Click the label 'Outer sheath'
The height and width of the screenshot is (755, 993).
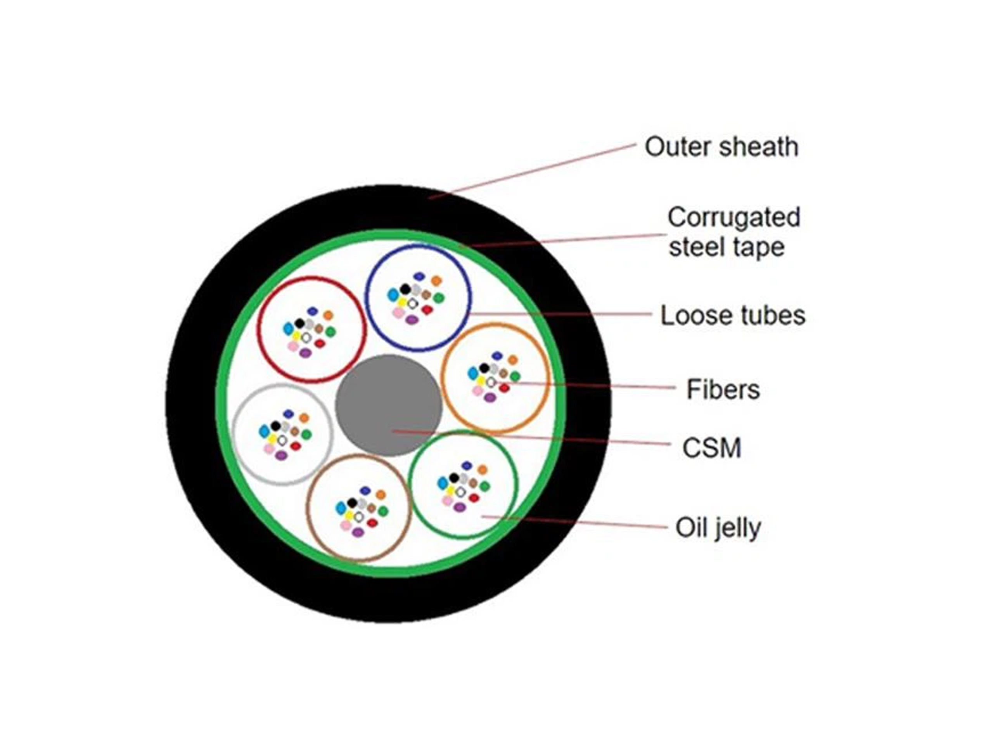coord(721,147)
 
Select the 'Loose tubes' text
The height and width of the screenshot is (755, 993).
coord(732,315)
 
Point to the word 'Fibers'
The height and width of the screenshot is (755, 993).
coord(723,389)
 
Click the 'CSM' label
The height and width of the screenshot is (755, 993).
coord(712,448)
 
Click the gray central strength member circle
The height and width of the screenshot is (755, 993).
coord(389,405)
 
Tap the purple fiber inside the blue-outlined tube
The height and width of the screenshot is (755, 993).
coord(412,320)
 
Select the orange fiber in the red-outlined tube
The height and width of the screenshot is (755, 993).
coord(328,315)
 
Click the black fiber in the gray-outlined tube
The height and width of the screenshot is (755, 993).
coord(276,426)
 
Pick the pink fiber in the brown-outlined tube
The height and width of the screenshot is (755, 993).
coord(346,525)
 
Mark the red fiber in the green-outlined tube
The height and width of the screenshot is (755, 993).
coord(474,498)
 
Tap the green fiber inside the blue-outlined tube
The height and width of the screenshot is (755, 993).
coord(439,298)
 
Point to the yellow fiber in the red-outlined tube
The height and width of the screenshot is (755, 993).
coord(296,336)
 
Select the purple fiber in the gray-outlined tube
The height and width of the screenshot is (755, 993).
coord(281,456)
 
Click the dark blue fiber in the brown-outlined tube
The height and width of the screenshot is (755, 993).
coord(365,490)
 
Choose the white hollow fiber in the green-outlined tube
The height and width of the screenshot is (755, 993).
coord(460,492)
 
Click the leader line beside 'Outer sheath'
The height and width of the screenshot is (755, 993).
coord(532,171)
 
